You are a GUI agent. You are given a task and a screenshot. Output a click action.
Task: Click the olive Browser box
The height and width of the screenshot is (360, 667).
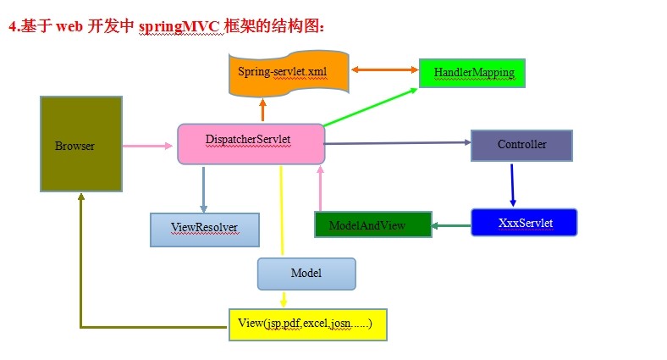(80, 143)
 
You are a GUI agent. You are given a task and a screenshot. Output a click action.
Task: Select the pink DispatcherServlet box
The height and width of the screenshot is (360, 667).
(251, 144)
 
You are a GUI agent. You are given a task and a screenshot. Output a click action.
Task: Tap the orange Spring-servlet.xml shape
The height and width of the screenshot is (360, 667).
(281, 75)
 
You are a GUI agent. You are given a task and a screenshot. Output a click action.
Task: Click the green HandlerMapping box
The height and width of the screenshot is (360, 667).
(472, 73)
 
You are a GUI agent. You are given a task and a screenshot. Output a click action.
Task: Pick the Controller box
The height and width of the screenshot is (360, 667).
(521, 145)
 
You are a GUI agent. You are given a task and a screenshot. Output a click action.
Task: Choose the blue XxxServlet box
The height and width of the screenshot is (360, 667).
(524, 222)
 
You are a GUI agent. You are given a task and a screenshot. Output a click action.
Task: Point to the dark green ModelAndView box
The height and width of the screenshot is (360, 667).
(372, 224)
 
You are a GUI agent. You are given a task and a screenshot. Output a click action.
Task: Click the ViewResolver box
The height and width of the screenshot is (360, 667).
(204, 229)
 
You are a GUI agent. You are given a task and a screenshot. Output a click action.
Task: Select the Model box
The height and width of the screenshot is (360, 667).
(306, 274)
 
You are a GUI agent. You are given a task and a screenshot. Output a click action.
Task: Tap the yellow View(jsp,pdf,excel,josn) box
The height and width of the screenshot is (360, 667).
(307, 324)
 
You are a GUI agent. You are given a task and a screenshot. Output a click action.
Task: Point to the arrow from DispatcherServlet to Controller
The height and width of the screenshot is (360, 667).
(398, 144)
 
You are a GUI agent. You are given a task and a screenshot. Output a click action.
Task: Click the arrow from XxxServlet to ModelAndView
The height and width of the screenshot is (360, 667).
(451, 226)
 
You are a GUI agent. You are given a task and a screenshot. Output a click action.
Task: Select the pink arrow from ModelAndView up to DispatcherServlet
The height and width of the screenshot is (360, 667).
(320, 188)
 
